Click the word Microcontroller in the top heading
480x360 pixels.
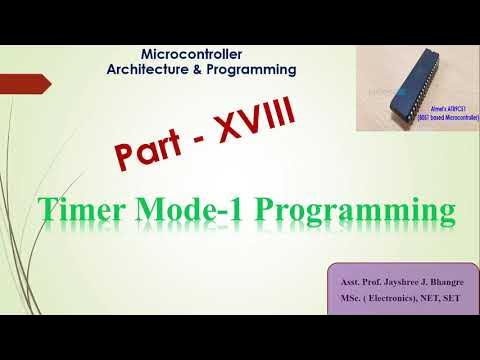[193, 53]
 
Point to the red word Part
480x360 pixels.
[161, 149]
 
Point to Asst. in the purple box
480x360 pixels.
[347, 284]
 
